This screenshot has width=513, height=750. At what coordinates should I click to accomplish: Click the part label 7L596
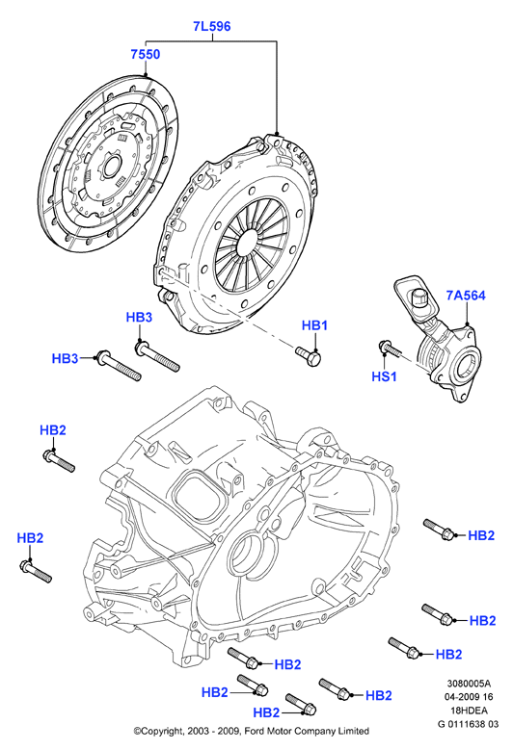coord(212,26)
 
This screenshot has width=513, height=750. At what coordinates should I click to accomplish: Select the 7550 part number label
coord(146,55)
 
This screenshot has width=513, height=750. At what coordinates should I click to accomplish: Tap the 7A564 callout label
coord(466,296)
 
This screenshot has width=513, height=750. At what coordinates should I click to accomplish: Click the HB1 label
coord(314,325)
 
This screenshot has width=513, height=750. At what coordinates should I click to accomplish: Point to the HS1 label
coord(384,376)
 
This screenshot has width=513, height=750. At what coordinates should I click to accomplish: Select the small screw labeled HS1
coord(391,349)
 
